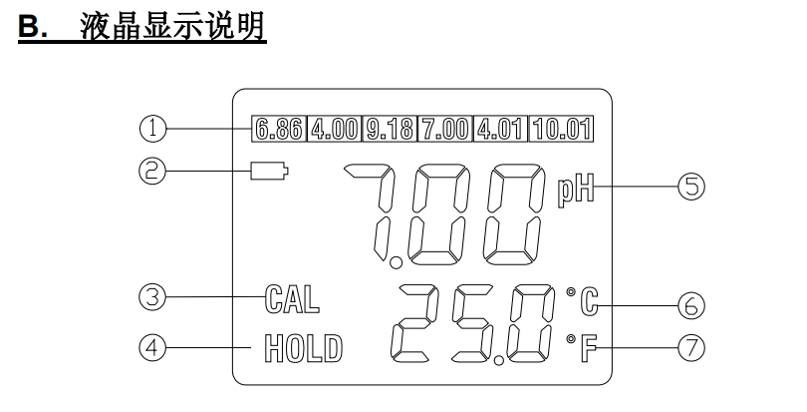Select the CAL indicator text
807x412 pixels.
click(287, 296)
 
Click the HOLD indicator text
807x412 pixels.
click(302, 349)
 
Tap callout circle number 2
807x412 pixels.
click(151, 172)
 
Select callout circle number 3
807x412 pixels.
click(151, 295)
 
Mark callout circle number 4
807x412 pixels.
click(151, 348)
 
